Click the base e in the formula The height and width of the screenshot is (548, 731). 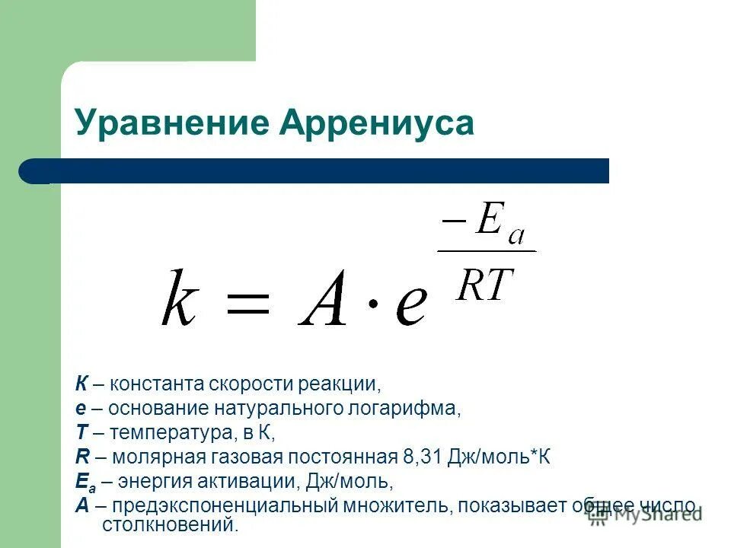point(408,306)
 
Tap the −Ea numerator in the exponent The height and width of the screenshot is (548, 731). point(485,226)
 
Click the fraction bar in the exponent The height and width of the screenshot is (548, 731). point(486,251)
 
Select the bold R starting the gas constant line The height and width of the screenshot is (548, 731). point(81,457)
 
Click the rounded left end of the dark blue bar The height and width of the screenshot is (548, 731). point(30,171)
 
